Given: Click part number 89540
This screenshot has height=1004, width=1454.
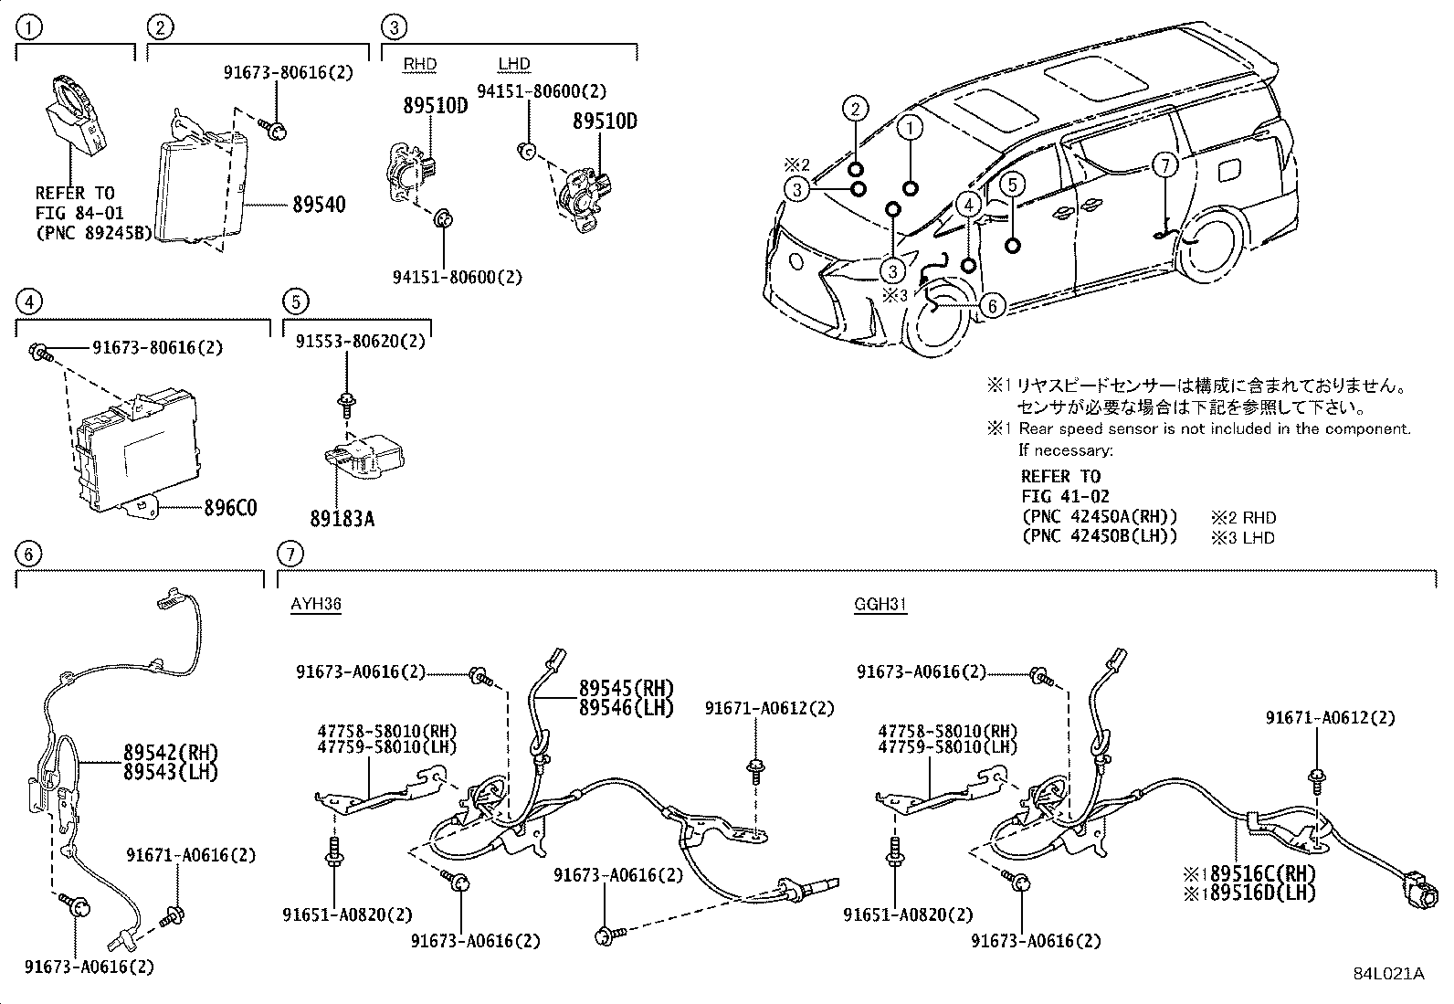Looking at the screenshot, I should click(319, 205).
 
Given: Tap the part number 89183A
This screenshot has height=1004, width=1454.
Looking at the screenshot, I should click(342, 519).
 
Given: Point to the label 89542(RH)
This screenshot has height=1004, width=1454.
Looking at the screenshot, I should click(171, 753).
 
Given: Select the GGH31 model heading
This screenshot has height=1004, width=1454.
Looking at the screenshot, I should click(880, 604).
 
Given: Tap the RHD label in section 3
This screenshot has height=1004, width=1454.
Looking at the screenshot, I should click(420, 64).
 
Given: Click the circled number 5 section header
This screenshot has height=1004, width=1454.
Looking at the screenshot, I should click(295, 301).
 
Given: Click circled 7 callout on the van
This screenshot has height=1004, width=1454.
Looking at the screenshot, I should click(1164, 165).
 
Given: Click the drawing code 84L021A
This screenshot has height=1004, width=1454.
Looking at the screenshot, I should click(1388, 973).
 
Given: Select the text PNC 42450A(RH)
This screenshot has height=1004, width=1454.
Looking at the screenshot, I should click(1100, 516).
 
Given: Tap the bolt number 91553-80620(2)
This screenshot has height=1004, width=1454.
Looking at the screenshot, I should click(361, 342).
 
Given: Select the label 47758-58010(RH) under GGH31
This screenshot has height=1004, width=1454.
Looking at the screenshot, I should click(947, 731).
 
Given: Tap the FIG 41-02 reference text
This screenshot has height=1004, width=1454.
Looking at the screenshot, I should click(1065, 496).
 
